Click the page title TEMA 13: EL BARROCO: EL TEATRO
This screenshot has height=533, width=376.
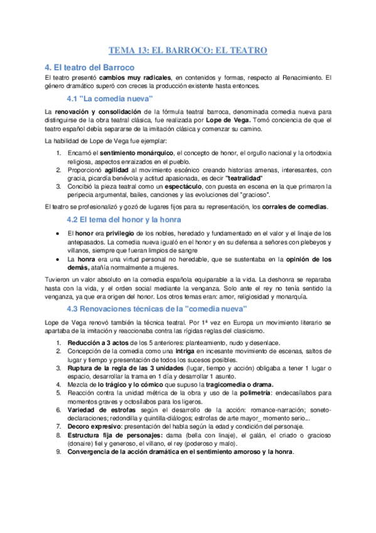point(188,50)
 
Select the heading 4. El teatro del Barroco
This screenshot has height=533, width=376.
point(89,67)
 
